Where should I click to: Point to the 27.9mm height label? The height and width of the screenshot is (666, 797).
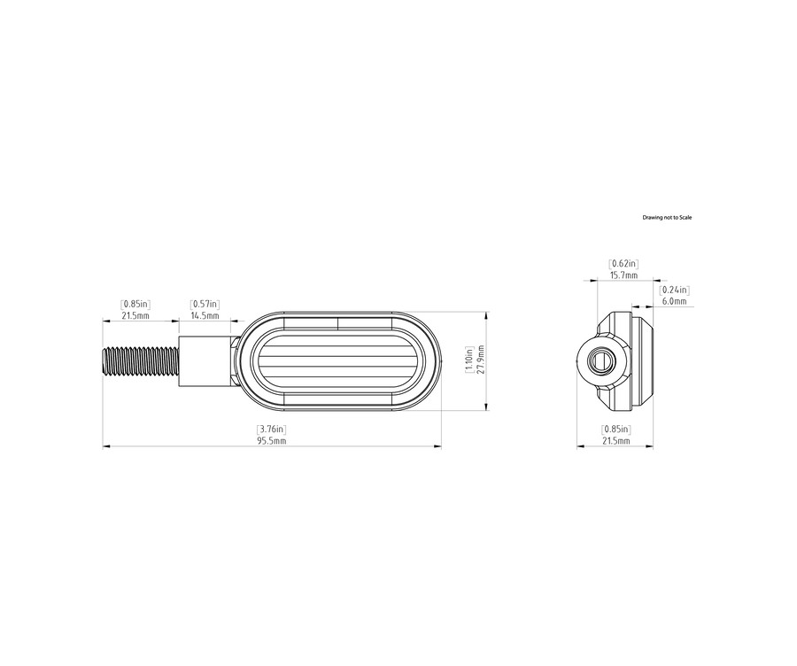[x=481, y=360]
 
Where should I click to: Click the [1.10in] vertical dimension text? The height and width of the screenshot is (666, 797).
[x=470, y=360]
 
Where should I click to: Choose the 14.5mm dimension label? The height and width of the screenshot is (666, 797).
[x=205, y=315]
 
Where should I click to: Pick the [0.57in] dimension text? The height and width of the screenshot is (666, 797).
[x=205, y=305]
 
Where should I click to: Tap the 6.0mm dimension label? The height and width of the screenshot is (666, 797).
[x=675, y=301]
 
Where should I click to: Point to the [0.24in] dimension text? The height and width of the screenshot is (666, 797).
[x=675, y=290]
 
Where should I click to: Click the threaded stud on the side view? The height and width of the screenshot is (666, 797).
[x=141, y=361]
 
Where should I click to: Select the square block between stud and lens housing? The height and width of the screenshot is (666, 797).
[x=206, y=361]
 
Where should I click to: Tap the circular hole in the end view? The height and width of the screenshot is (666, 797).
[x=602, y=361]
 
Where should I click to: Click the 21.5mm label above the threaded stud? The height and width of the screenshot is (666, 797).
[x=135, y=315]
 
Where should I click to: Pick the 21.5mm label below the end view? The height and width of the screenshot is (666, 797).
[x=616, y=440]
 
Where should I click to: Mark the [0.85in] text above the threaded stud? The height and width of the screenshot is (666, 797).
[x=135, y=305]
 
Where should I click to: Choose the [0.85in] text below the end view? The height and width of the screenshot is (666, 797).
[x=616, y=430]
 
